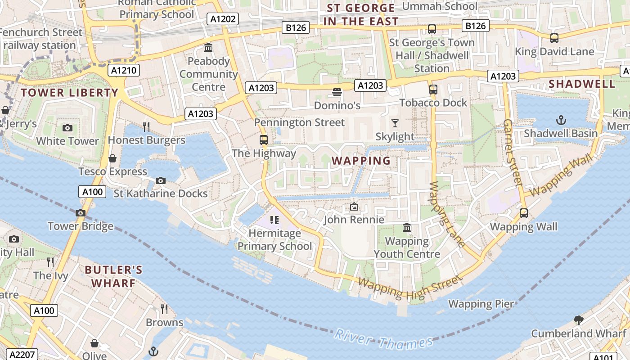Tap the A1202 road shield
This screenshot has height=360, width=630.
point(222,19)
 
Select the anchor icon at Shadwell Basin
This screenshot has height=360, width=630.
point(561,120)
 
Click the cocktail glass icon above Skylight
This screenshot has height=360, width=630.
point(395,123)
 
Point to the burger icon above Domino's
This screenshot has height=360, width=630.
point(337,93)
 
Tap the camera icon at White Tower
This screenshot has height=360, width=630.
point(67,128)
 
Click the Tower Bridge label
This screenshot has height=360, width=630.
point(81,226)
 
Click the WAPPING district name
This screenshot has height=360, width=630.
point(361,161)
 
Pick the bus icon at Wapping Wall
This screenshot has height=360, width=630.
point(524,213)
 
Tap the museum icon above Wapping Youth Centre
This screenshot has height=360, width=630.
point(407,228)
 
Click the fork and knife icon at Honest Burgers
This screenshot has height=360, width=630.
point(146,127)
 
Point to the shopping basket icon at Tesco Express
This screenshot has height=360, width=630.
point(112,158)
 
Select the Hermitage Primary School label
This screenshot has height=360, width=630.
point(274,240)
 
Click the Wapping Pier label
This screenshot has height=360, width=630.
point(481,304)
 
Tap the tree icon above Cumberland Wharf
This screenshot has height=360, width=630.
point(579,320)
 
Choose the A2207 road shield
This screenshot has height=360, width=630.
point(22,355)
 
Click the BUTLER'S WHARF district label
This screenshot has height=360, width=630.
point(114,276)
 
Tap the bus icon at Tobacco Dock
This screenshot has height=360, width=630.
point(433,90)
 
